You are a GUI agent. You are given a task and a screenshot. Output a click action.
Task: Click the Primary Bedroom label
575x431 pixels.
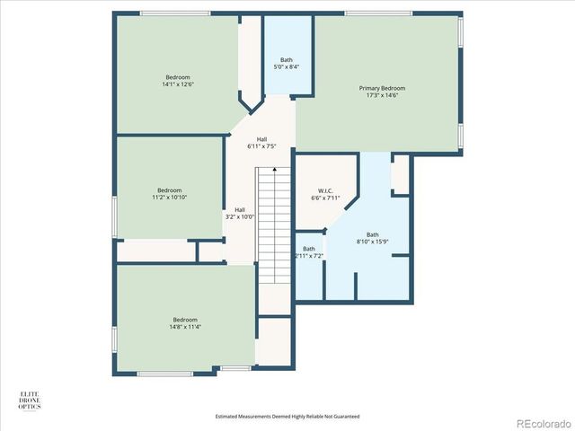pyautogui.click(x=382, y=88)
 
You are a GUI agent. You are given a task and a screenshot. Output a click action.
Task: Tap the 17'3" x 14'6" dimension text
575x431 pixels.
pyautogui.click(x=382, y=95)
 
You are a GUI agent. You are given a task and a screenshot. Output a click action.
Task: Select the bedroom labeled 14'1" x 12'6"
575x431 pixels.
pyautogui.click(x=178, y=81)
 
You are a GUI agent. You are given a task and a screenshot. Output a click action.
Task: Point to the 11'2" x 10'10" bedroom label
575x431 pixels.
pyautogui.click(x=170, y=193)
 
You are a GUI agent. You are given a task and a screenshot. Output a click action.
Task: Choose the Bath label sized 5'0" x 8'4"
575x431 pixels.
pyautogui.click(x=287, y=63)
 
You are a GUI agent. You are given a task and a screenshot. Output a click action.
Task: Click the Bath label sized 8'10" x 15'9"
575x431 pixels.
pyautogui.click(x=372, y=238)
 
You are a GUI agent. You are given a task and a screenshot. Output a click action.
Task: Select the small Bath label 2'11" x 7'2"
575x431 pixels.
pyautogui.click(x=308, y=252)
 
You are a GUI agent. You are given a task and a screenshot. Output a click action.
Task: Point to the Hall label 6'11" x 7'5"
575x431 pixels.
pyautogui.click(x=261, y=143)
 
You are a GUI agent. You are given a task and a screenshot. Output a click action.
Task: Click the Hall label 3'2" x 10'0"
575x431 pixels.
pyautogui.click(x=240, y=213)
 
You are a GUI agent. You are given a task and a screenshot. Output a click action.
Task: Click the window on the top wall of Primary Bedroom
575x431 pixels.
pyautogui.click(x=378, y=13)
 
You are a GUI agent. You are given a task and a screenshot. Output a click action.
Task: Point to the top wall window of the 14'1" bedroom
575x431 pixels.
pyautogui.click(x=175, y=13)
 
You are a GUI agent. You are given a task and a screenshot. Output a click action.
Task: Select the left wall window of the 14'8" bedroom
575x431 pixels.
pyautogui.click(x=114, y=339)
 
